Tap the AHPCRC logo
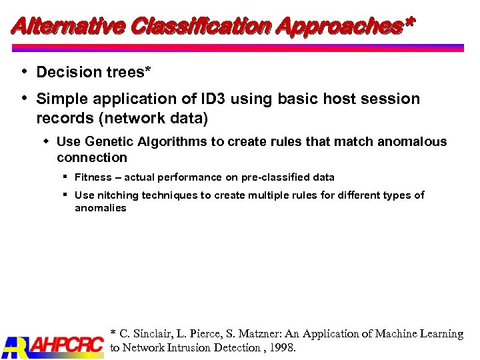pos(53,345)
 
